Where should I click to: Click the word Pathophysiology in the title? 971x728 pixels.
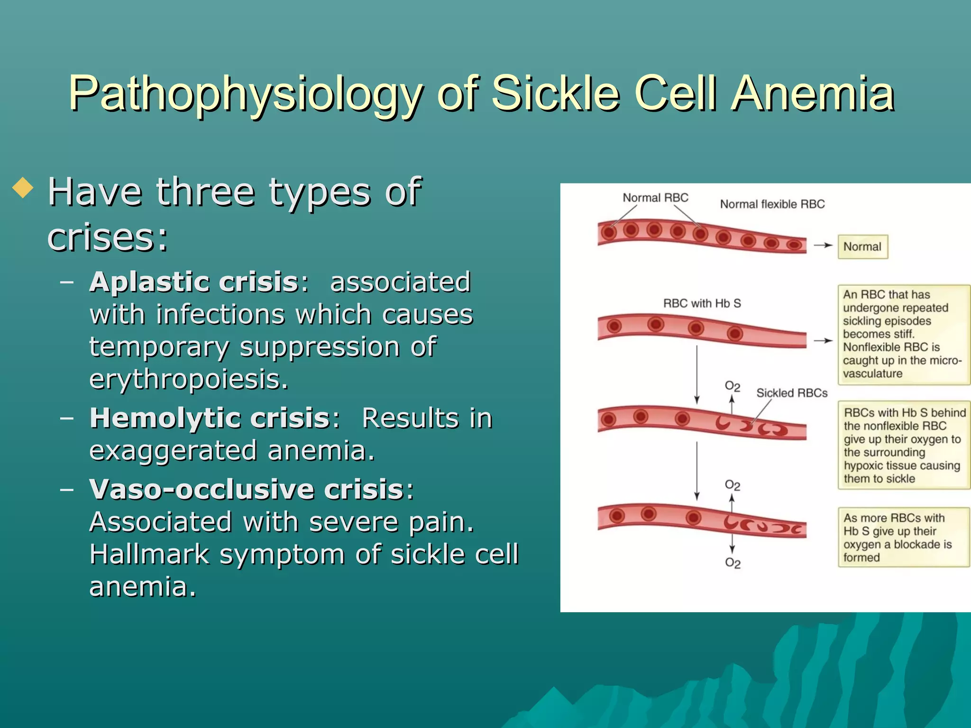pos(246,94)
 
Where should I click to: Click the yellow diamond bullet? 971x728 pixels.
pos(23,188)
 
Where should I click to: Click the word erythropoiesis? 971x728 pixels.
pos(188,379)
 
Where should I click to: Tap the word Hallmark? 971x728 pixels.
pos(149,554)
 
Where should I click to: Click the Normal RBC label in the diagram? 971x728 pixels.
pos(655,198)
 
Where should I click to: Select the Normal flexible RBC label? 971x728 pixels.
pos(772,204)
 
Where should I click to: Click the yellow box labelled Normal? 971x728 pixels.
pos(862,247)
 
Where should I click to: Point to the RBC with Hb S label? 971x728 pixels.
pos(702,303)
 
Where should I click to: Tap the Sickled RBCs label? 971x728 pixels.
pos(791,393)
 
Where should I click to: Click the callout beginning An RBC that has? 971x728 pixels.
pos(903,334)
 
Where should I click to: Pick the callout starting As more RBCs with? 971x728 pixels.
pos(903,537)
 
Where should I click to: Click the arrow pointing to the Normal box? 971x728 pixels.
pos(823,246)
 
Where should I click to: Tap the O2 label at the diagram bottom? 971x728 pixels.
pos(733,563)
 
